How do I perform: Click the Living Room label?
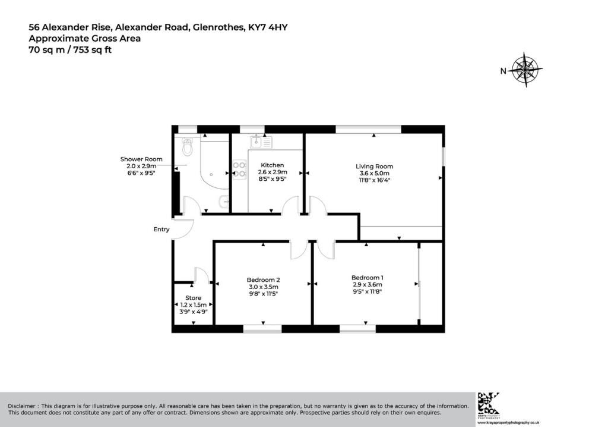pos(374,167)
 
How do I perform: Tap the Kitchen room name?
pos(272,165)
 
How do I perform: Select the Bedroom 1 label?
pos(367,277)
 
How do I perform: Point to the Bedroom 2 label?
pos(263,280)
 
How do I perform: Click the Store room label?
pos(193,298)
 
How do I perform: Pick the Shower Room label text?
pos(141,159)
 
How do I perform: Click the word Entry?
pos(161,229)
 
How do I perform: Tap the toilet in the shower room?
pos(187,147)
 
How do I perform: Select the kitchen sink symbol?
pos(261,142)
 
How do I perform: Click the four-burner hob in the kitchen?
pos(239,170)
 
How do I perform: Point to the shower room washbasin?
pos(224,201)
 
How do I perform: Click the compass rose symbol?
pos(525,70)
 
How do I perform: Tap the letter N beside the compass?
pos(503,71)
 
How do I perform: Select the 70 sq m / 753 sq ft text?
pos(70,50)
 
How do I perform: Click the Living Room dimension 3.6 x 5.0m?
pos(375,173)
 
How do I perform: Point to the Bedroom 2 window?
pos(262,329)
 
